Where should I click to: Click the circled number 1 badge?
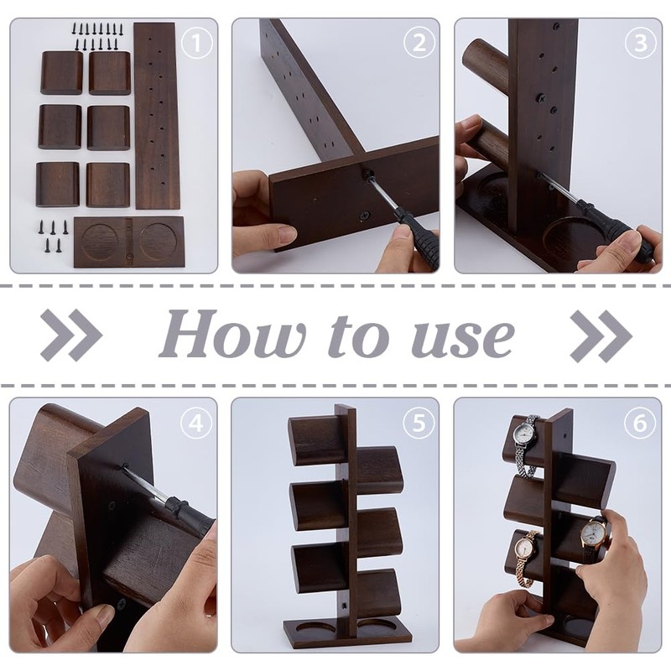click(x=196, y=43)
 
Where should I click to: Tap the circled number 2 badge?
click(x=419, y=43)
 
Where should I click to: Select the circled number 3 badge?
click(x=641, y=43)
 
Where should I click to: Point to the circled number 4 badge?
click(x=196, y=424)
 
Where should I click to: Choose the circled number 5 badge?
click(x=419, y=424)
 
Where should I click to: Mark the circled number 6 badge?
click(x=641, y=424)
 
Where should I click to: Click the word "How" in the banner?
click(x=232, y=334)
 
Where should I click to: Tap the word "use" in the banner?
click(x=463, y=339)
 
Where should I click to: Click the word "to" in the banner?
click(x=359, y=337)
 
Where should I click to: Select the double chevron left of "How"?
click(x=71, y=335)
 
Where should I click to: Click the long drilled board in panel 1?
click(x=157, y=116)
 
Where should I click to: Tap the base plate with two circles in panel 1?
click(x=130, y=242)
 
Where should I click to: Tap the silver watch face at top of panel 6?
click(x=523, y=434)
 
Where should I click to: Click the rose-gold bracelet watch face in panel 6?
click(x=526, y=548)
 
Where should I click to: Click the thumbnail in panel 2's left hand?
click(x=287, y=234)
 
